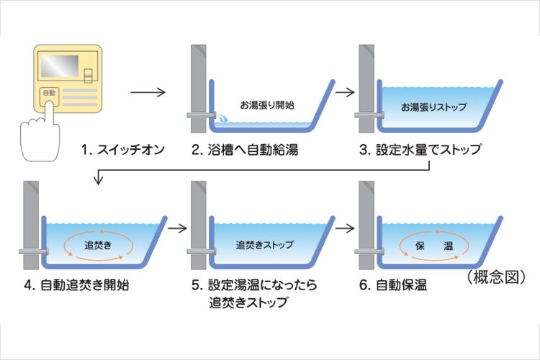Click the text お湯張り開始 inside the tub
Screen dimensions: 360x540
coord(266,105)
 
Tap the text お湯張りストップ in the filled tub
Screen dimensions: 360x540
coord(434,107)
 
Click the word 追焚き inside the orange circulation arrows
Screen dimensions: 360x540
coord(96,244)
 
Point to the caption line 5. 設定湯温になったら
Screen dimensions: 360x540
coord(255,285)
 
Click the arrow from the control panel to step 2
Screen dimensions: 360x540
coord(148,92)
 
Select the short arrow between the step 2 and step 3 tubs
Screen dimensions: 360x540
coord(346,92)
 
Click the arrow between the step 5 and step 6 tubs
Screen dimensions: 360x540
coord(346,228)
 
